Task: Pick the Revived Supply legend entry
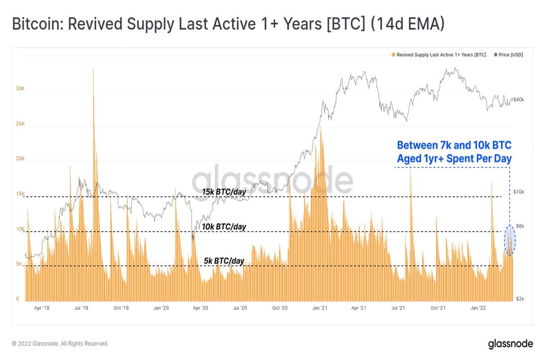439,54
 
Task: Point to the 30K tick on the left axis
20,89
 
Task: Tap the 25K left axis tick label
20,124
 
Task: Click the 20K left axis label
20,159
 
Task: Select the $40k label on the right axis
519,99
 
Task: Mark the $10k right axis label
519,192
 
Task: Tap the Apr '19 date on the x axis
41,308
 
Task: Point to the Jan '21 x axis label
319,308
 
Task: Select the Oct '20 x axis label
280,308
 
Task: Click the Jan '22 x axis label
478,308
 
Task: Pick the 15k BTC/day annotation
224,192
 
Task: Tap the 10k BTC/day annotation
224,227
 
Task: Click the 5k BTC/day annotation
224,261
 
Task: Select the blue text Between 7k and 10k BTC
454,145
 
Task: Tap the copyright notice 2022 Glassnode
60,343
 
